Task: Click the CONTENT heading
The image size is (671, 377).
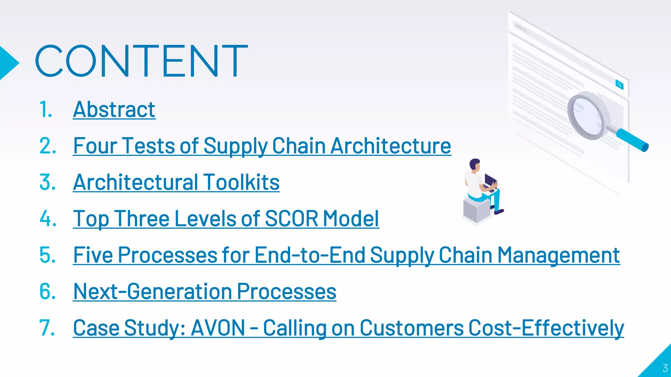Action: tap(141, 61)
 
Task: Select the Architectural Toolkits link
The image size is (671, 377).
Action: tap(176, 182)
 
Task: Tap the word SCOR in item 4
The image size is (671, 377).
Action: tap(291, 219)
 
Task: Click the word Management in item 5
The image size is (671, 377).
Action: tap(559, 255)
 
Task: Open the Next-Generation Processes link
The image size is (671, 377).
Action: tap(205, 291)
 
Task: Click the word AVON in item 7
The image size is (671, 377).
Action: tap(218, 328)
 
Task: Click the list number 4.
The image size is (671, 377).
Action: tap(48, 219)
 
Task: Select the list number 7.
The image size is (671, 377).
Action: tap(47, 328)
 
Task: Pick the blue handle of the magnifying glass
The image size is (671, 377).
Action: tap(632, 140)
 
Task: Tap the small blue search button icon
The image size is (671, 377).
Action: tap(619, 85)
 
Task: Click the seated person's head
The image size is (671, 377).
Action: tap(475, 164)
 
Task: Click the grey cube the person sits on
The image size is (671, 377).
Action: tap(476, 210)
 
